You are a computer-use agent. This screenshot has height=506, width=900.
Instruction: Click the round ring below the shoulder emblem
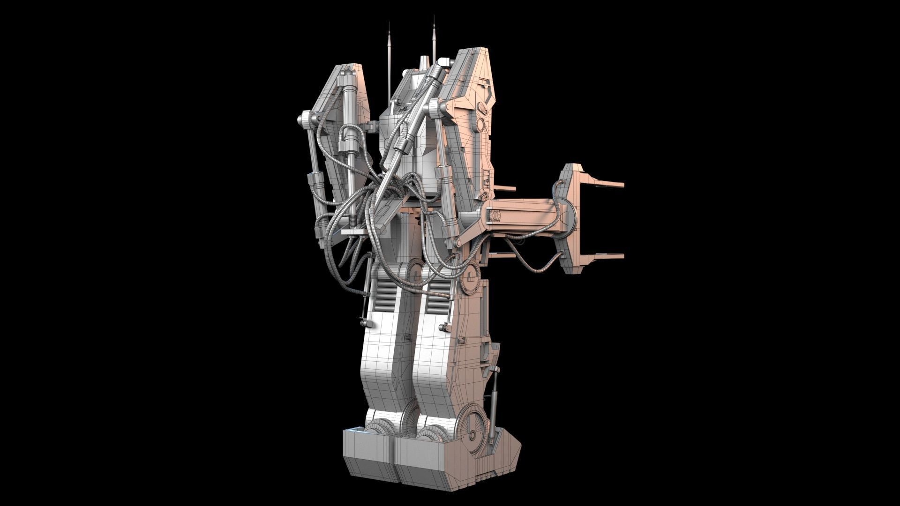click(481, 124)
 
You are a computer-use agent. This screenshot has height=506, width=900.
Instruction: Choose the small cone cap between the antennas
click(424, 63)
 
